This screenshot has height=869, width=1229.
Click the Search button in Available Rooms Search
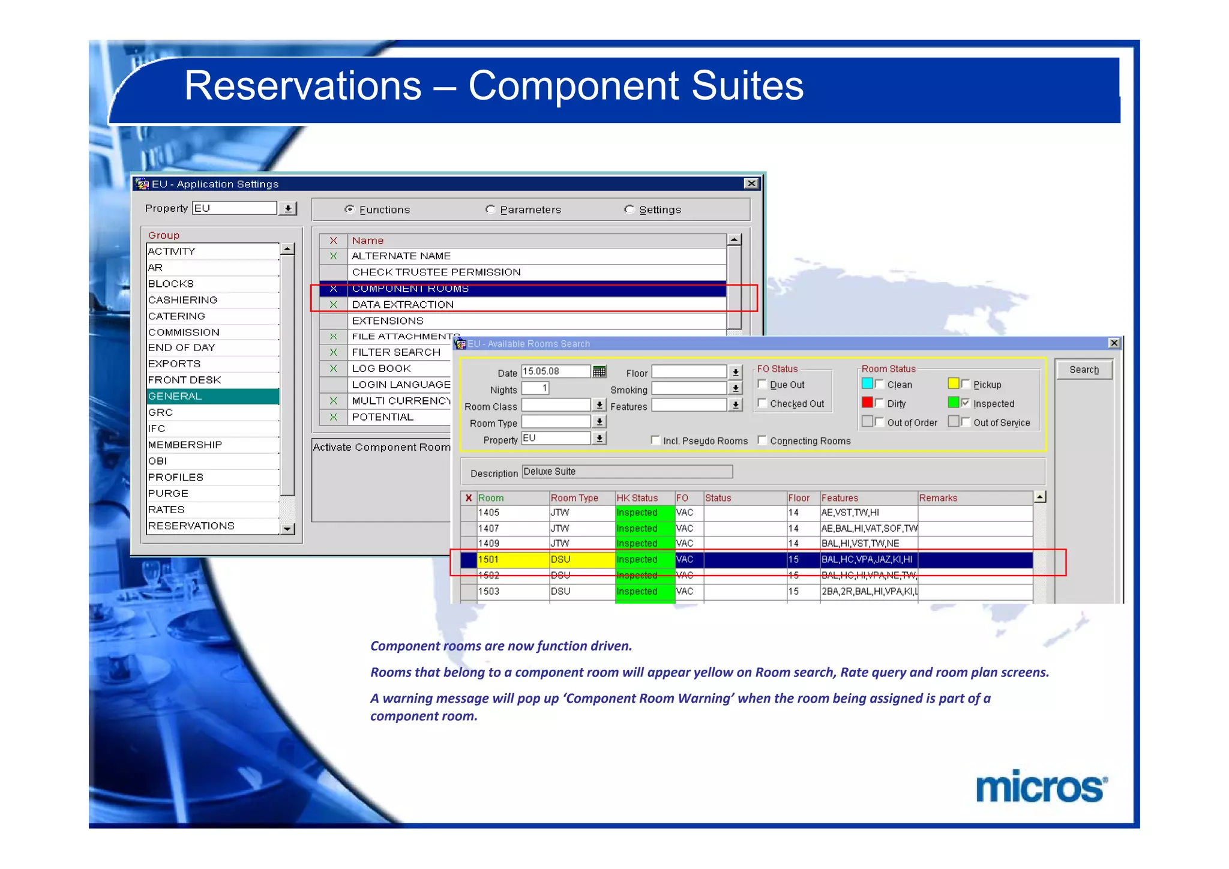pyautogui.click(x=1083, y=370)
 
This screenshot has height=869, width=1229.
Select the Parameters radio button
pyautogui.click(x=490, y=209)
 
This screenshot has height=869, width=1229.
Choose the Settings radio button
pyautogui.click(x=629, y=209)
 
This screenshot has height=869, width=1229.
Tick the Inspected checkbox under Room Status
pyautogui.click(x=965, y=403)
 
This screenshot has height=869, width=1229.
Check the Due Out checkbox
pyautogui.click(x=762, y=384)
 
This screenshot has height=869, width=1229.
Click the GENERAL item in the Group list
pyautogui.click(x=212, y=396)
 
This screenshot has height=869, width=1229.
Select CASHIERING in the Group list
pyautogui.click(x=212, y=299)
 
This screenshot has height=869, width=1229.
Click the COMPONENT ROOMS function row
pyautogui.click(x=410, y=289)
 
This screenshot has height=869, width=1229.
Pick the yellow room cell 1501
pyautogui.click(x=512, y=559)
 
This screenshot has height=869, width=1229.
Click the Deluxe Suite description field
pyautogui.click(x=627, y=472)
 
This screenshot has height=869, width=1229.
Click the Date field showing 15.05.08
pyautogui.click(x=556, y=371)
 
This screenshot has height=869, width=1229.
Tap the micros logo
pyautogui.click(x=1041, y=787)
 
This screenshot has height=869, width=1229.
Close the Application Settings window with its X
pyautogui.click(x=751, y=184)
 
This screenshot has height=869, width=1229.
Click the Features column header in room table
pyautogui.click(x=840, y=498)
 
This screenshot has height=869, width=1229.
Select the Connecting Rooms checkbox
pyautogui.click(x=762, y=440)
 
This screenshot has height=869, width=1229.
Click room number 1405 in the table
pyautogui.click(x=488, y=513)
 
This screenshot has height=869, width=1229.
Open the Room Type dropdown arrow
pyautogui.click(x=599, y=422)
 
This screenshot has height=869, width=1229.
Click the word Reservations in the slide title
pyautogui.click(x=302, y=86)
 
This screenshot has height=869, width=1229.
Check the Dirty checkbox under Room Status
pyautogui.click(x=879, y=403)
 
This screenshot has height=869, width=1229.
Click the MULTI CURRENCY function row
pyautogui.click(x=401, y=401)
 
